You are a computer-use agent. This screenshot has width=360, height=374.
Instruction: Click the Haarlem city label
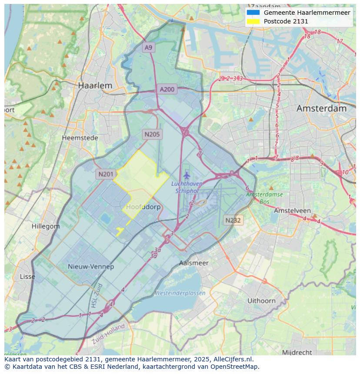(95, 86)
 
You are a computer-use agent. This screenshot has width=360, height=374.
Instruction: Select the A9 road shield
(149, 47)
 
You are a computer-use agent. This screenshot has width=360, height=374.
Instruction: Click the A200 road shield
(167, 89)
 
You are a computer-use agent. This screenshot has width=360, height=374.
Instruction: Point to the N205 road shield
(152, 134)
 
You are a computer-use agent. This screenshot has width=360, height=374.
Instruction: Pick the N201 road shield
(106, 174)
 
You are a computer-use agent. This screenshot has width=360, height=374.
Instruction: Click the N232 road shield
(233, 220)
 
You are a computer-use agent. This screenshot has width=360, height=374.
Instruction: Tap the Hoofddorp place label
(143, 207)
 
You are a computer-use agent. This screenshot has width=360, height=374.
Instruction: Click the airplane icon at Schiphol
(187, 175)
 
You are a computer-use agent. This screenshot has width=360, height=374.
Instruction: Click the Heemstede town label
(80, 138)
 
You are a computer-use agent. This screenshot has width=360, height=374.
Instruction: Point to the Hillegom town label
(46, 226)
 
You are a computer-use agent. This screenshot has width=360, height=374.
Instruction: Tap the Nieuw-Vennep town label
(91, 266)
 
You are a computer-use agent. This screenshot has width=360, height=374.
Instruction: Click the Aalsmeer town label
(194, 263)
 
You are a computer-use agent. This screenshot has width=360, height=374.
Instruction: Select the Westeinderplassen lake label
(180, 293)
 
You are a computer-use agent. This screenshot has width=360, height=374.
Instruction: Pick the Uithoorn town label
(261, 301)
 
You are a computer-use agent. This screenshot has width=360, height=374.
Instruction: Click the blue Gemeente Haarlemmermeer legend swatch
(253, 13)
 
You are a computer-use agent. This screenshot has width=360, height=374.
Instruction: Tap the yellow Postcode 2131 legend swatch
(253, 21)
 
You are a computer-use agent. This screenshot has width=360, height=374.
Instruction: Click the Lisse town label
(28, 277)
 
